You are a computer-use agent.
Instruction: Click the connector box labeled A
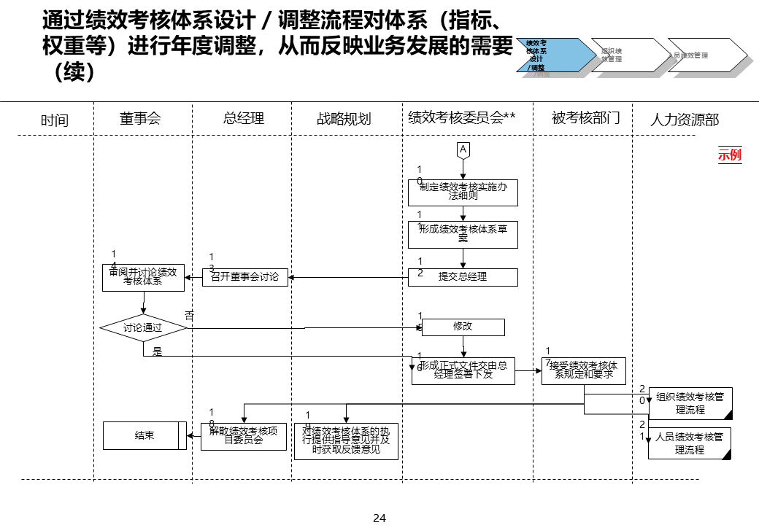pyautogui.click(x=463, y=149)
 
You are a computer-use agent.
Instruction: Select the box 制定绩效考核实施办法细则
pyautogui.click(x=463, y=192)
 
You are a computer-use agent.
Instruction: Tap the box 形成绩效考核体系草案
pyautogui.click(x=463, y=234)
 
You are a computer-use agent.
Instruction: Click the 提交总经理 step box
pyautogui.click(x=463, y=277)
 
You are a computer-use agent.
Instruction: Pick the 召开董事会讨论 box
pyautogui.click(x=244, y=277)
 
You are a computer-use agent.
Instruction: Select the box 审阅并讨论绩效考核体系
pyautogui.click(x=143, y=277)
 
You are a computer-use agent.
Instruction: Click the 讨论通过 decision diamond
pyautogui.click(x=143, y=328)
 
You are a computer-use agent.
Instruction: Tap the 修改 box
pyautogui.click(x=463, y=327)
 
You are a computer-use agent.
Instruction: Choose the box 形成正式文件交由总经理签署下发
pyautogui.click(x=463, y=370)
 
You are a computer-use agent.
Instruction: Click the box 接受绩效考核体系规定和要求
pyautogui.click(x=583, y=370)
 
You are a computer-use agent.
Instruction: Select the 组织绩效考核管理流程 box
pyautogui.click(x=690, y=403)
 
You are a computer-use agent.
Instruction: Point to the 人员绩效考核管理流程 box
pyautogui.click(x=690, y=443)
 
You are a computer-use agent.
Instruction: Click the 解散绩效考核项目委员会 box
pyautogui.click(x=244, y=436)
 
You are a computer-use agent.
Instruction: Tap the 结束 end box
pyautogui.click(x=145, y=436)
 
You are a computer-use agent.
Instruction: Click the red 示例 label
pyautogui.click(x=729, y=155)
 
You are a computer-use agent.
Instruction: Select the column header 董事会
pyautogui.click(x=140, y=118)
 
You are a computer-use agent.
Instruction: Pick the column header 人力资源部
pyautogui.click(x=684, y=120)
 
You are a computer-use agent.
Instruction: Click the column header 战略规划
pyautogui.click(x=344, y=119)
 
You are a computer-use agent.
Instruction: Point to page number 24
pyautogui.click(x=379, y=518)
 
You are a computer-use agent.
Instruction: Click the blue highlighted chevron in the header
pyautogui.click(x=550, y=55)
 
